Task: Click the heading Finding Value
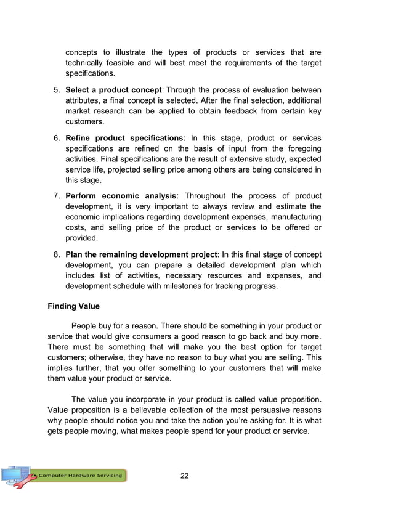coord(73,306)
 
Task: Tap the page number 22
coord(184,476)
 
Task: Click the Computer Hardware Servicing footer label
coord(81,476)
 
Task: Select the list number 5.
coord(56,89)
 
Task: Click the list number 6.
coord(56,137)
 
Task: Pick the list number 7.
coord(56,197)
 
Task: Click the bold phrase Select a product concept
coord(115,89)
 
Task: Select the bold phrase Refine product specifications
coord(124,137)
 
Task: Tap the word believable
coord(149,410)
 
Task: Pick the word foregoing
coord(298,148)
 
